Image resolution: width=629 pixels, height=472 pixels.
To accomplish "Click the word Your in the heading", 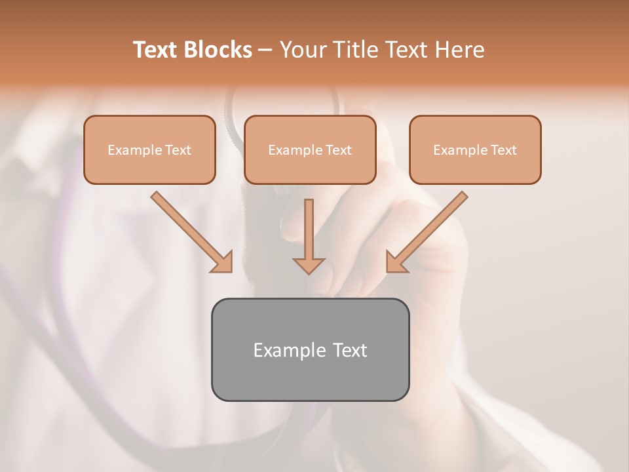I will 302,50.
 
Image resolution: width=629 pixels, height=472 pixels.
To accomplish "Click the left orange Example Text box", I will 149,149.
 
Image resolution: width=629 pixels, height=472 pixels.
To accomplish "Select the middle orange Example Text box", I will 310,149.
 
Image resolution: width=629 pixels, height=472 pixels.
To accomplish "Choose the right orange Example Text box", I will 475,149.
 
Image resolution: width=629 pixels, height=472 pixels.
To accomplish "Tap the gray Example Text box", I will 310,349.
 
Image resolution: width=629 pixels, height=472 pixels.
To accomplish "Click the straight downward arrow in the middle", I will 309,236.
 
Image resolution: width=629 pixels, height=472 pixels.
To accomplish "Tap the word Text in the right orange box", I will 503,150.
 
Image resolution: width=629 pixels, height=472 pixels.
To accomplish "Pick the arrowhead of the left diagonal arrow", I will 222,262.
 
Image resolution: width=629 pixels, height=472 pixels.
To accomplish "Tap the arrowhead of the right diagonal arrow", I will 396,262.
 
